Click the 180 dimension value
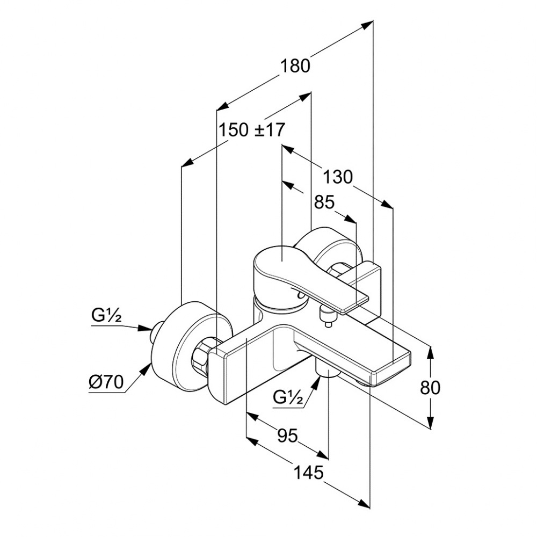tap(295, 66)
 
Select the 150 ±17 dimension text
tap(251, 130)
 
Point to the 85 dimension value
tap(324, 202)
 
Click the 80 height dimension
tap(430, 387)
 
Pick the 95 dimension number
tap(288, 436)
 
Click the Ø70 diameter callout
tap(106, 382)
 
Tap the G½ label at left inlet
tap(106, 316)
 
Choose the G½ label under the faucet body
tap(288, 398)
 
